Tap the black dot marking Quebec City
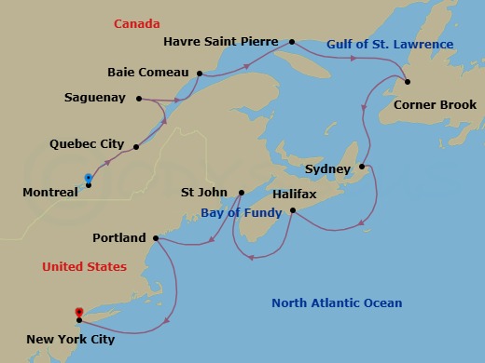[136, 146]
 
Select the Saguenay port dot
[138, 98]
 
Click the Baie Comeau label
[148, 72]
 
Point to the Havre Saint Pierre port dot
[292, 42]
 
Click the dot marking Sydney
[362, 168]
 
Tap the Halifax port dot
[293, 210]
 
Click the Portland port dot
[155, 238]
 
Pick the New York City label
[71, 340]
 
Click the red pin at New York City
[79, 313]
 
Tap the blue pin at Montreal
[88, 177]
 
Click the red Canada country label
[137, 23]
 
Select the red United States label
[84, 266]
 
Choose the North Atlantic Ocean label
[337, 302]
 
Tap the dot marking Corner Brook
[408, 81]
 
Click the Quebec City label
[85, 145]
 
